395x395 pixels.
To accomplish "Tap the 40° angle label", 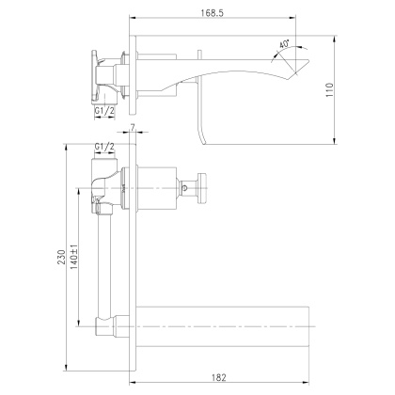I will point(284,44).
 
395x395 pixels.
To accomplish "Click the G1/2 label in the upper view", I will point(104,110).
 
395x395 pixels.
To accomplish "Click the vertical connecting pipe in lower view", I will point(104,263).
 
